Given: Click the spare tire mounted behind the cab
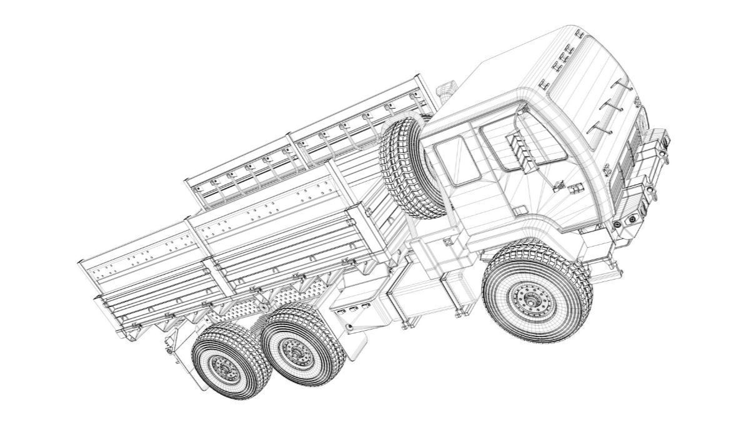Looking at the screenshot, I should click(409, 159).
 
